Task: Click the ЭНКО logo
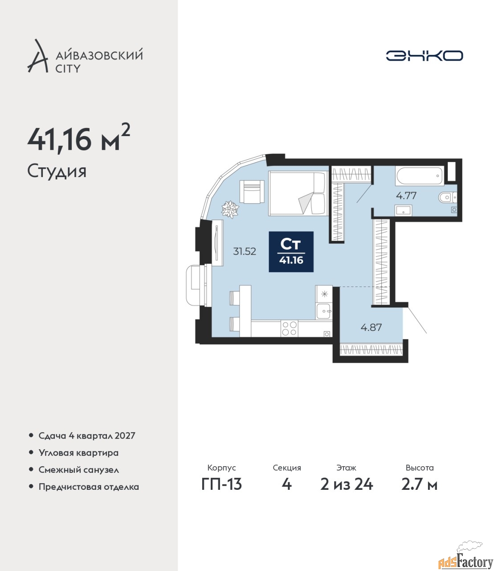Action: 424,55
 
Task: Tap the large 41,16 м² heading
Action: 78,138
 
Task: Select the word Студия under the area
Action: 57,171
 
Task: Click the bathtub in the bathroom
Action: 419,176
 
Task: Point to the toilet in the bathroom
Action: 448,197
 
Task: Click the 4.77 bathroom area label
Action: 406,195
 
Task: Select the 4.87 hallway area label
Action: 371,327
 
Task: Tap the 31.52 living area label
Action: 245,252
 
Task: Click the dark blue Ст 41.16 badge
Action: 291,252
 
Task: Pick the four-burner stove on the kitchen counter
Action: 290,328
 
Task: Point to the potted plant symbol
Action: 230,209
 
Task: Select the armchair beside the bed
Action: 252,192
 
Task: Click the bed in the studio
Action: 298,193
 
